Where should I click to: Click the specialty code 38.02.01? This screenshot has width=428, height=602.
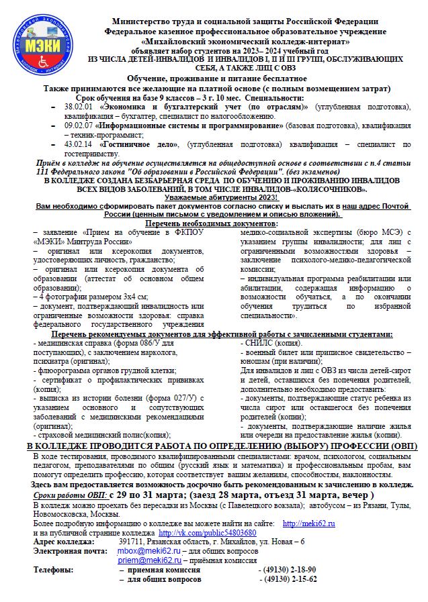(x=79, y=107)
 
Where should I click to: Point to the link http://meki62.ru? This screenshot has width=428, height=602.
(x=309, y=523)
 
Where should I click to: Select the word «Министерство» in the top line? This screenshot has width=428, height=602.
(x=142, y=22)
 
